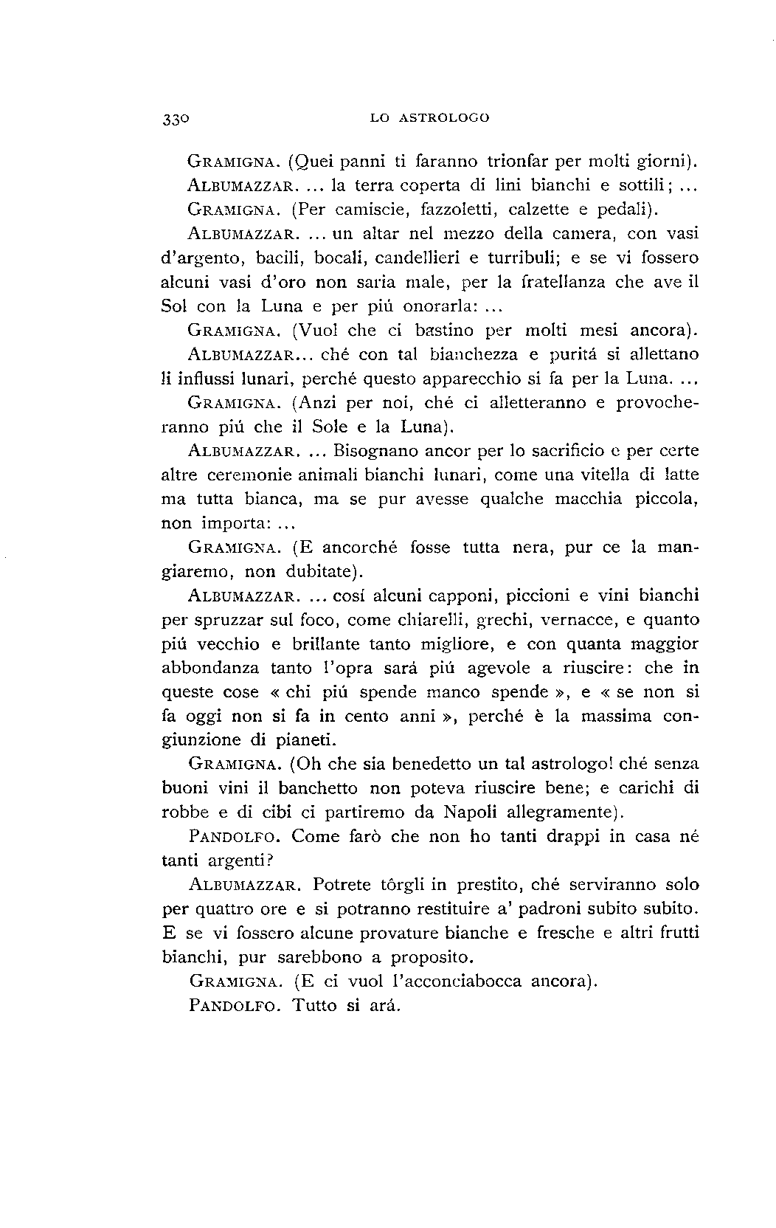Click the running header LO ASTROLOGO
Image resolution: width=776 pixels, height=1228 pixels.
coord(430,117)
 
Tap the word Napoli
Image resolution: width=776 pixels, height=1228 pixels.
coord(471,813)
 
